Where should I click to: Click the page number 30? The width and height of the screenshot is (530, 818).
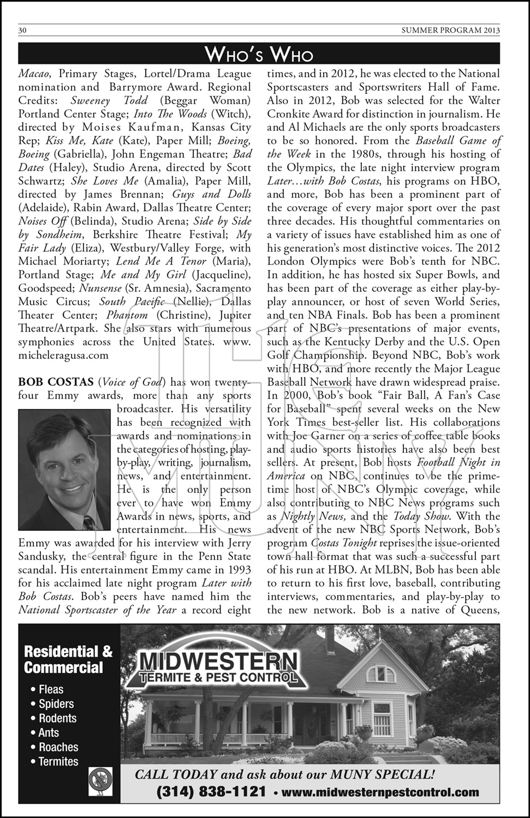[x=23, y=31]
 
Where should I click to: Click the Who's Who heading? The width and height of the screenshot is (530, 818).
[x=259, y=55]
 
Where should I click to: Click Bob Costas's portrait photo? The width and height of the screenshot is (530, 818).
[x=64, y=469]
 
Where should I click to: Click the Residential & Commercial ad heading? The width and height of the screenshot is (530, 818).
[x=68, y=659]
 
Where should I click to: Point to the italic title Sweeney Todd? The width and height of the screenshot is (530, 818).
[x=109, y=100]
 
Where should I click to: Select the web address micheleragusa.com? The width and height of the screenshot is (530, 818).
[x=63, y=355]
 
